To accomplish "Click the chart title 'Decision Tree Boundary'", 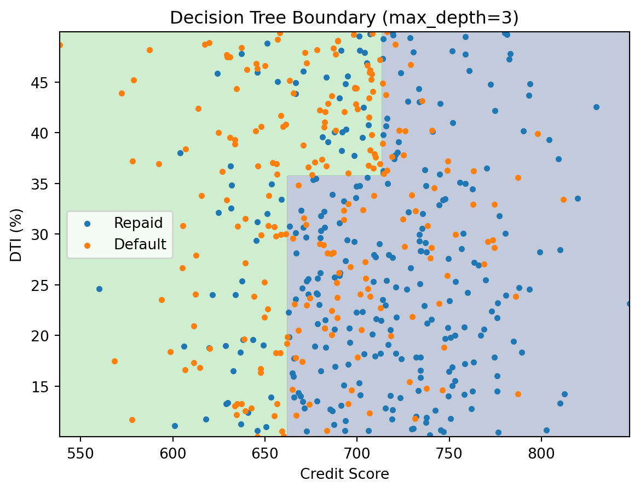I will point(344,18).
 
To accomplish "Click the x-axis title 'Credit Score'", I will point(344,474).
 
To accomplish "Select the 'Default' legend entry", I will point(140,244).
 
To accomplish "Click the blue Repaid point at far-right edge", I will point(629,304).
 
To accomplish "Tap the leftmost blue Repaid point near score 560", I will point(99,289).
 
